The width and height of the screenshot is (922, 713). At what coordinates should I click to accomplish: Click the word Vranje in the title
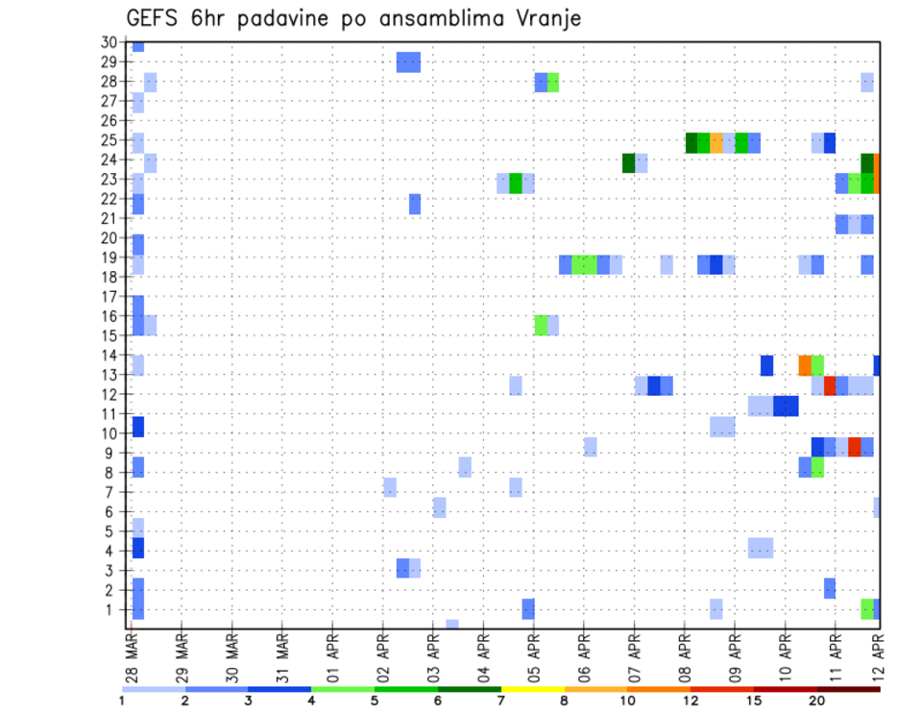546,18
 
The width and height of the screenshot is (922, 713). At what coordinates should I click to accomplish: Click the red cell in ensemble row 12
830,385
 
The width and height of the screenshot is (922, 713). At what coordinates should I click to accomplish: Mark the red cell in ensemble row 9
855,447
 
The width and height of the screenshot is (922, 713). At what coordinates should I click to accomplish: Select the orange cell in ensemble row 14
805,365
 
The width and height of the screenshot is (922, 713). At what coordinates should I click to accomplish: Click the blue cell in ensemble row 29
408,62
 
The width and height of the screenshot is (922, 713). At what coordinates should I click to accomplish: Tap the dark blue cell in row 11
786,406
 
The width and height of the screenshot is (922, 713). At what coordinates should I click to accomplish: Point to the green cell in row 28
553,83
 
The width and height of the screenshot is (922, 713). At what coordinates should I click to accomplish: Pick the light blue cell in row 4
761,548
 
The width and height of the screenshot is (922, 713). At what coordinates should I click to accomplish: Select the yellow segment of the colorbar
533,689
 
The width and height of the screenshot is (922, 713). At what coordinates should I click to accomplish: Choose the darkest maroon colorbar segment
849,689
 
